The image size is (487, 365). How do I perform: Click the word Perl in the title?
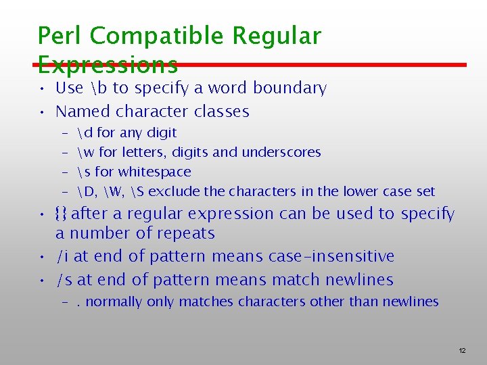(x=60, y=36)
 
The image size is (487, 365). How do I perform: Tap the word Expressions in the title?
(x=108, y=64)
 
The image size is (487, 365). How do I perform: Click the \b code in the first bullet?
(x=98, y=88)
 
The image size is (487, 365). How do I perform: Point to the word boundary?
(x=294, y=88)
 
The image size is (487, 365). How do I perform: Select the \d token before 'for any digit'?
(x=85, y=132)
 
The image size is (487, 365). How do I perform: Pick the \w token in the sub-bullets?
(x=87, y=152)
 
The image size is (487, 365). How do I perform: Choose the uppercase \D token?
(x=87, y=191)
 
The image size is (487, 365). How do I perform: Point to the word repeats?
(x=184, y=234)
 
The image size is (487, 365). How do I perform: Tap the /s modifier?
(x=64, y=280)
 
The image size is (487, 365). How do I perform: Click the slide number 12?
(x=462, y=351)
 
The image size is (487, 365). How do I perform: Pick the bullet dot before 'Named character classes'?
(x=42, y=112)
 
